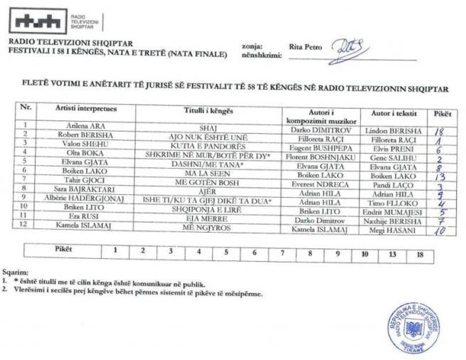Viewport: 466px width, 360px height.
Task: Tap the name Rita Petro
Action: coord(305,47)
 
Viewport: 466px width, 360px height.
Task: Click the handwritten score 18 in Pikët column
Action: coord(439,131)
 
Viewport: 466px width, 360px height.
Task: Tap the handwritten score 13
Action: coord(440,176)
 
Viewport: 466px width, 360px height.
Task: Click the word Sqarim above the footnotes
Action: coord(16,271)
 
